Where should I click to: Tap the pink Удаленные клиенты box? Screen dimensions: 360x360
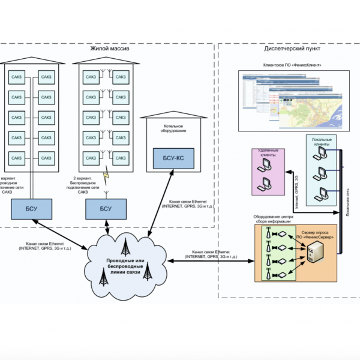coord(268,171)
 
